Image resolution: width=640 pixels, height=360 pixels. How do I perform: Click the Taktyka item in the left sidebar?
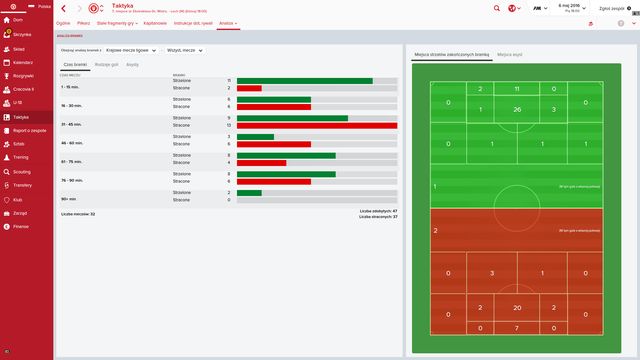coord(21,117)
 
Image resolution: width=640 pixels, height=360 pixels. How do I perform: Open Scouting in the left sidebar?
coord(21,171)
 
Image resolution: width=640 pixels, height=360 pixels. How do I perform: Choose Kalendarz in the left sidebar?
coord(22,62)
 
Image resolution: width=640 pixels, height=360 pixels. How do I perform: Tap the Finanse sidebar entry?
coord(21,226)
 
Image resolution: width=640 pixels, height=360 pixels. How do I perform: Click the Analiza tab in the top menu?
coord(227,21)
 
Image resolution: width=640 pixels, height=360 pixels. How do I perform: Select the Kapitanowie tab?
coord(157,21)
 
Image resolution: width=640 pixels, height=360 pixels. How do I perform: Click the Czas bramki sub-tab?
coord(76,64)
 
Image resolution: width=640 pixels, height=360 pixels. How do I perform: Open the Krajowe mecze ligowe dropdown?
coord(131,48)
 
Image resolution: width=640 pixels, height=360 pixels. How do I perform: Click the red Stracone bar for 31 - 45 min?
coord(316,126)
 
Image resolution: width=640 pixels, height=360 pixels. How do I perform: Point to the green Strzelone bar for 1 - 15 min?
coord(304,81)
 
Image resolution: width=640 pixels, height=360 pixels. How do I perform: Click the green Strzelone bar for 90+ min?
coord(249,193)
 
